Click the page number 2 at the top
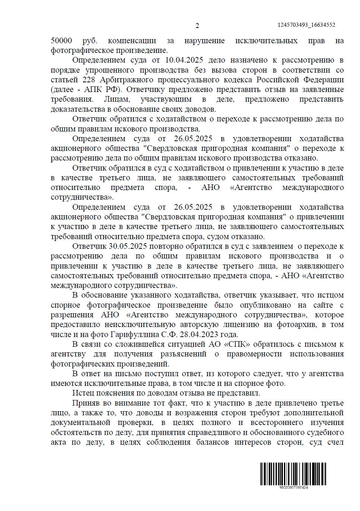click(x=197, y=26)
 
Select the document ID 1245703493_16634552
click(x=306, y=25)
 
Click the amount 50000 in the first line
click(x=61, y=41)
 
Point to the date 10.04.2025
click(x=184, y=60)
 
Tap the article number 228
click(x=89, y=80)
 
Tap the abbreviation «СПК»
click(x=238, y=344)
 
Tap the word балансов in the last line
click(x=212, y=442)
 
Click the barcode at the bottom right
click(x=293, y=473)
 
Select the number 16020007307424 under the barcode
click(x=294, y=487)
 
